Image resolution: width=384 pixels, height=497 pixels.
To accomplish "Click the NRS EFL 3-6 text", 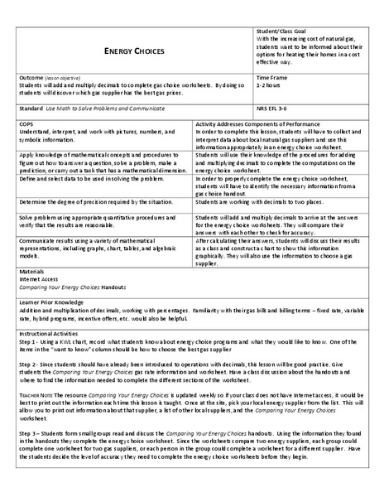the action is point(276,108).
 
